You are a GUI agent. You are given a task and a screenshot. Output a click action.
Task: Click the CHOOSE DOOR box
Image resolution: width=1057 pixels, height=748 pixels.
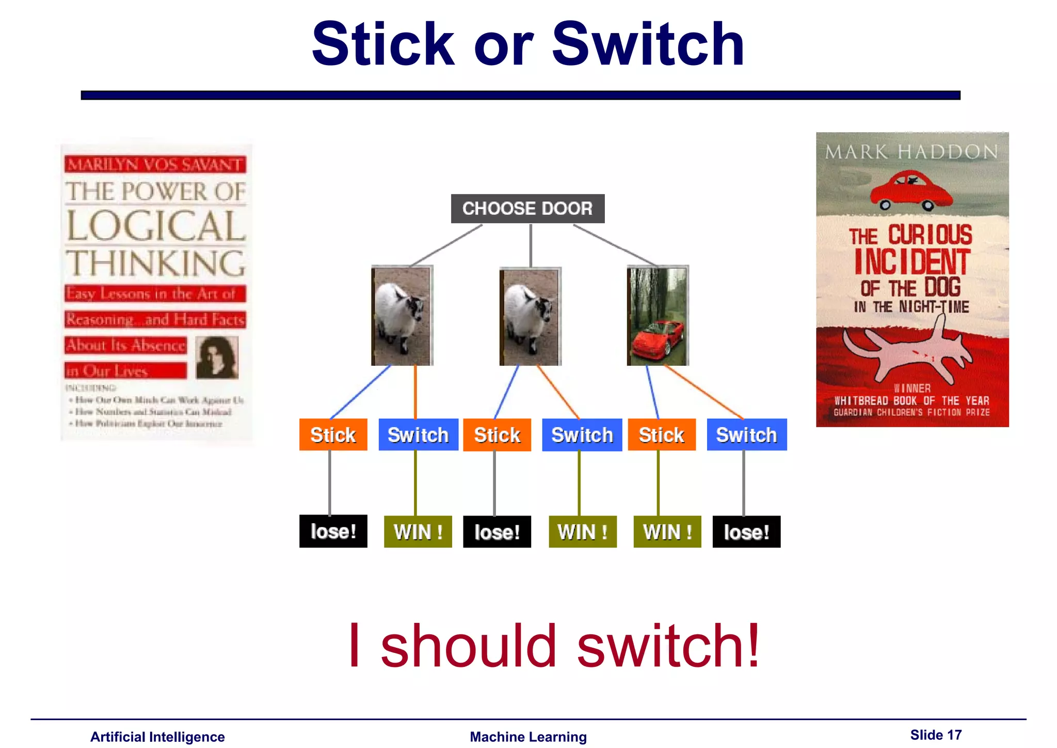527,208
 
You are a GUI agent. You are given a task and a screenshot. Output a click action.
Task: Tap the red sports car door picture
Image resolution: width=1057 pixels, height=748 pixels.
658,316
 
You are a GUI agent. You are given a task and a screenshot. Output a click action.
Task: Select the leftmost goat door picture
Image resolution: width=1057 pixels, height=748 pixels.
402,316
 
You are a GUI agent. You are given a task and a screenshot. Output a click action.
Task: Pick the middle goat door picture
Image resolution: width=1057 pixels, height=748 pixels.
530,316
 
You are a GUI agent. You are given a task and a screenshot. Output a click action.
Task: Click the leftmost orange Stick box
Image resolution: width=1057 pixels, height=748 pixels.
333,434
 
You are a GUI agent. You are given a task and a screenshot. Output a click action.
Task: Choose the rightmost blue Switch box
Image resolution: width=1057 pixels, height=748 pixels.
746,434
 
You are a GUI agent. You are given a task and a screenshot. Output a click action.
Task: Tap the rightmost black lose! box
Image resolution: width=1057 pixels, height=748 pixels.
746,532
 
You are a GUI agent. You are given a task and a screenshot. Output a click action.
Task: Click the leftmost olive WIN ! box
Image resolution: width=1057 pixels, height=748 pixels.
418,532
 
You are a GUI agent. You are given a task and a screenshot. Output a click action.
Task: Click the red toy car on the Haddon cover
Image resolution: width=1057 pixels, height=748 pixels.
911,190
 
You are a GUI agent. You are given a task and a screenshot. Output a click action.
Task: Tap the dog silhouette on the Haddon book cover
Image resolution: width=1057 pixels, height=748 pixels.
908,351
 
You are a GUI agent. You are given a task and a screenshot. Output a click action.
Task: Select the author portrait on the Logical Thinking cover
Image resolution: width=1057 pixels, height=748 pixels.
217,357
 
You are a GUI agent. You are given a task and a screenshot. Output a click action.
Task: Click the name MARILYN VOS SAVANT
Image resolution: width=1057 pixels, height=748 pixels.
155,164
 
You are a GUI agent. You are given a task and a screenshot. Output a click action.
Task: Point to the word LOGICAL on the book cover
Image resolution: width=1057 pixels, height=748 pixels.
155,226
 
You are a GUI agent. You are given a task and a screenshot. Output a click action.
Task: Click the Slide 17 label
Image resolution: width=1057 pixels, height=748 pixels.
936,735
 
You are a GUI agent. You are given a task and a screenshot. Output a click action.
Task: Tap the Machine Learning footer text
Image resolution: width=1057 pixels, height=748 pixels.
528,737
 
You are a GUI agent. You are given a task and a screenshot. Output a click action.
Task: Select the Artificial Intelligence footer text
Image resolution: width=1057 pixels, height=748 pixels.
157,737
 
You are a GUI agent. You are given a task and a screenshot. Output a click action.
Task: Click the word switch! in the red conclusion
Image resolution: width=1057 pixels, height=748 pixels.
668,646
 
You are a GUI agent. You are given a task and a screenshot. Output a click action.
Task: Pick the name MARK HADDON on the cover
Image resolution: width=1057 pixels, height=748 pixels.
911,152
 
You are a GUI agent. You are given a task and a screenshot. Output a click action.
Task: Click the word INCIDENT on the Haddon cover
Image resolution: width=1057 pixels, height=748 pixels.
911,262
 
